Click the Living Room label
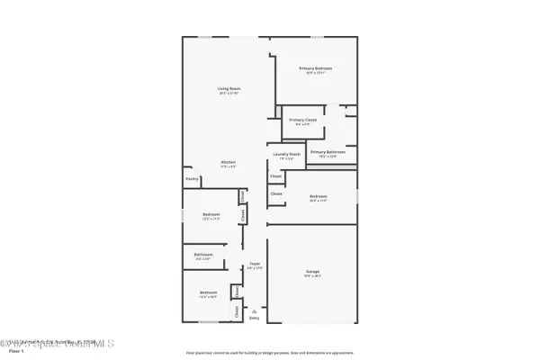[x=229, y=88]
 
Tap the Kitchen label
[x=229, y=162]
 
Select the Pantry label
[x=192, y=179]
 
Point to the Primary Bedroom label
[x=316, y=68]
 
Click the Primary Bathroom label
[x=328, y=152]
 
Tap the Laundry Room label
[x=287, y=155]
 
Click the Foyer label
[x=255, y=264]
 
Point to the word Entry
[x=254, y=318]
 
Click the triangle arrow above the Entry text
[x=254, y=309]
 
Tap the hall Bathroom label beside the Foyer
[x=203, y=255]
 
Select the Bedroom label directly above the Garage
[x=318, y=196]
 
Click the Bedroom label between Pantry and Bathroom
[x=211, y=214]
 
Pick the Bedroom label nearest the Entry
[x=208, y=293]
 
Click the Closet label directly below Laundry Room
[x=275, y=176]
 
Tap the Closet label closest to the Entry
[x=236, y=310]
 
